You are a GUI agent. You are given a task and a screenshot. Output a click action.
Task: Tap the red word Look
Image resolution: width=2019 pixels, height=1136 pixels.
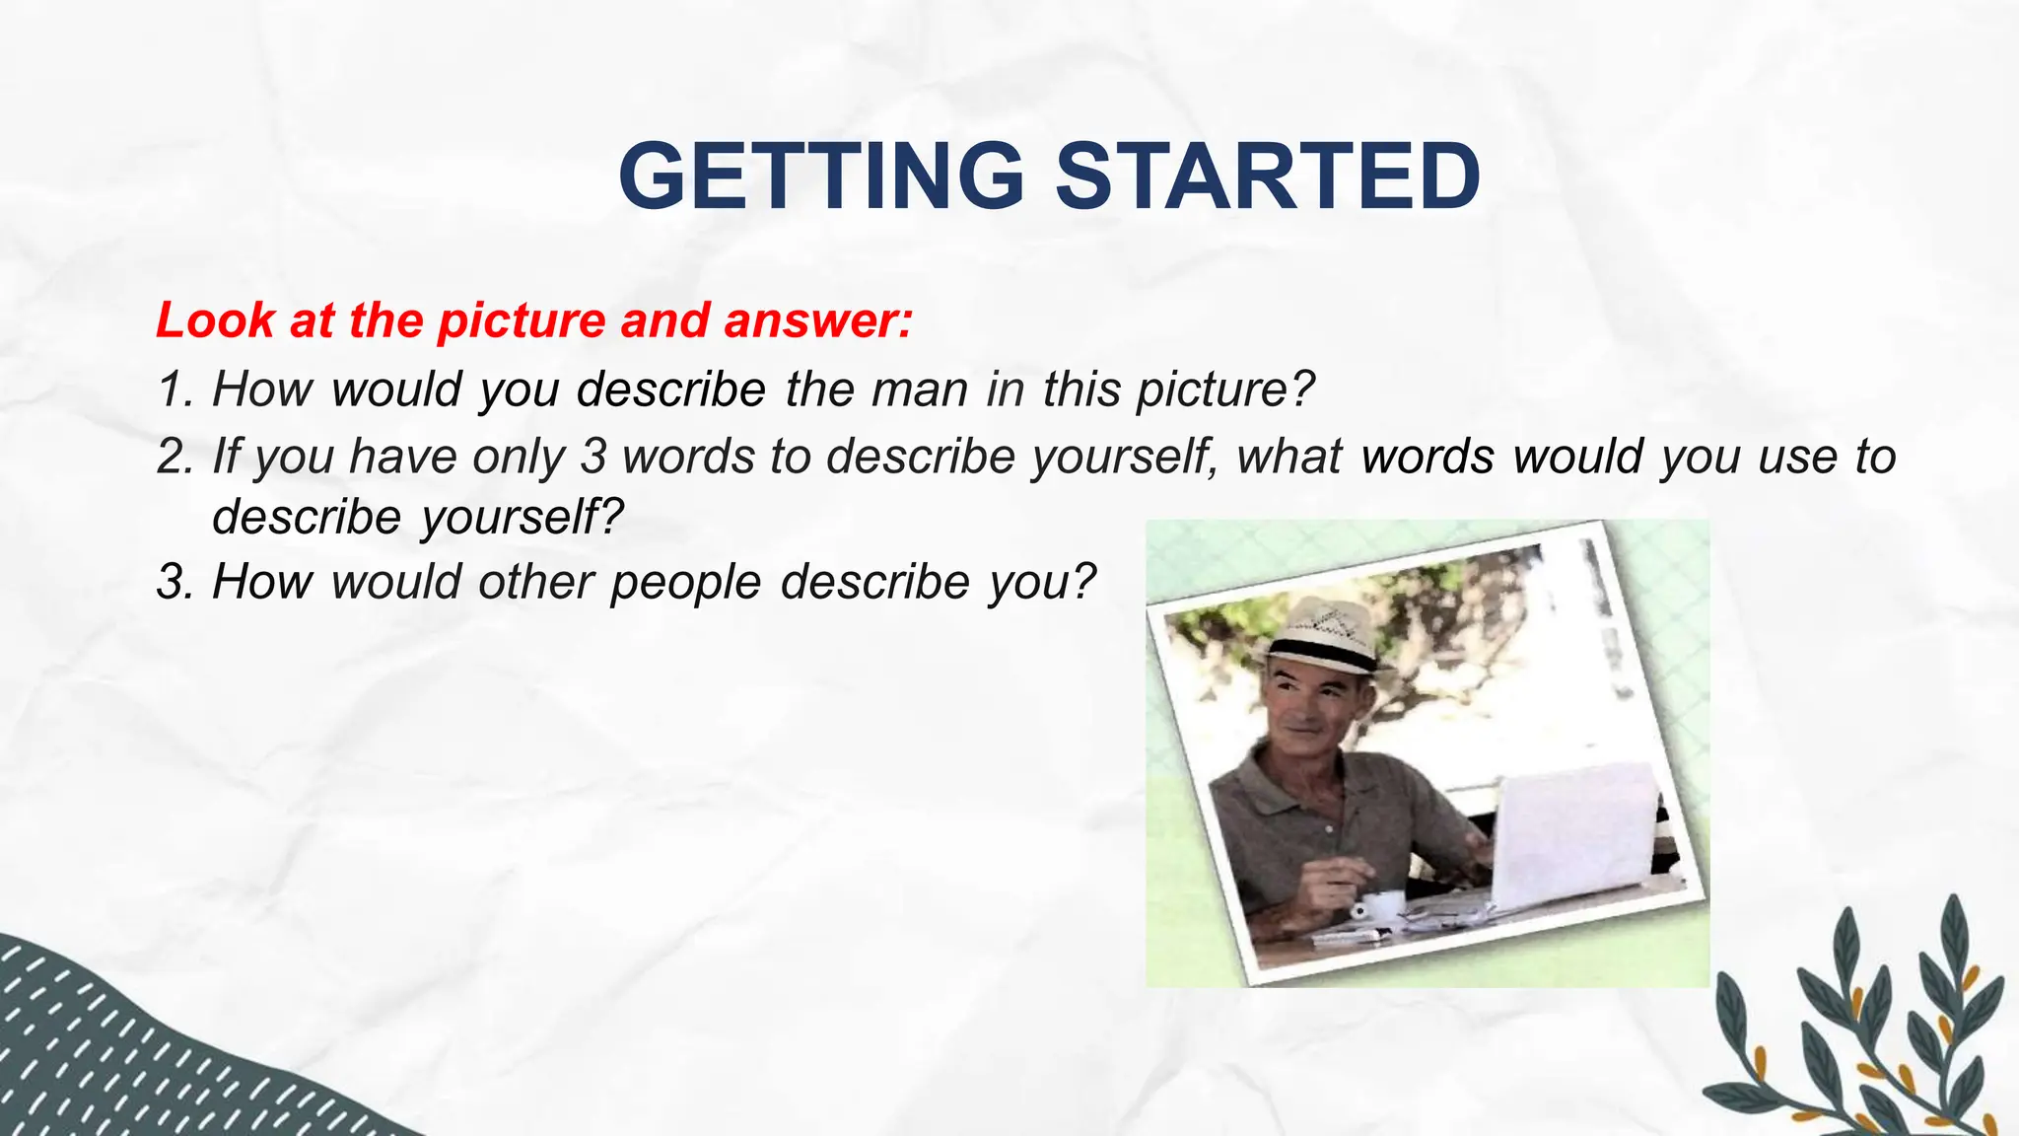[216, 320]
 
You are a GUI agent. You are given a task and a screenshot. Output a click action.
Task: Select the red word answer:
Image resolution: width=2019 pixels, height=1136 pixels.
[818, 320]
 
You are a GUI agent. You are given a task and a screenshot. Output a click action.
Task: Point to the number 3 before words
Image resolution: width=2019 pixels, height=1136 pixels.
[593, 456]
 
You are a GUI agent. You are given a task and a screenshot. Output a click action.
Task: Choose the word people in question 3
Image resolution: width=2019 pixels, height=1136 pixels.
[686, 581]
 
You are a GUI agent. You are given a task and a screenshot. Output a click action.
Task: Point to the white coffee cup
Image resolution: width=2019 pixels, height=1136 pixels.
[1379, 904]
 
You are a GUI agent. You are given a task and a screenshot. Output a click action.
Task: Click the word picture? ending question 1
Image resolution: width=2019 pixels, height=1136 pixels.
[1225, 389]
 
